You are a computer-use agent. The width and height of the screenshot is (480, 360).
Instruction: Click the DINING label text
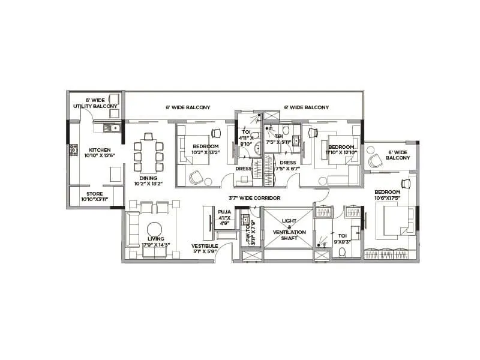[x=148, y=178]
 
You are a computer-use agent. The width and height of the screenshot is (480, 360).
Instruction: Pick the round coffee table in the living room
[x=155, y=230]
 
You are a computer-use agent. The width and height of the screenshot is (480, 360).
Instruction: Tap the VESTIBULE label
[x=204, y=246]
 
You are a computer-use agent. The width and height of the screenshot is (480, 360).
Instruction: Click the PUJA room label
[x=224, y=212]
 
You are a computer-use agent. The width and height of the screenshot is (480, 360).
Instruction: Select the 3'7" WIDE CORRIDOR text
[x=254, y=197]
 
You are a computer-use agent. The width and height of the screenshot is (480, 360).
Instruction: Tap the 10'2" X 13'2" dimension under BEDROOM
[x=206, y=152]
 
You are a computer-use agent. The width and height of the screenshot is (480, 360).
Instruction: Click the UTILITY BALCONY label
[x=95, y=106]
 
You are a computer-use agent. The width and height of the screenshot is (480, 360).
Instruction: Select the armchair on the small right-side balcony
[x=375, y=161]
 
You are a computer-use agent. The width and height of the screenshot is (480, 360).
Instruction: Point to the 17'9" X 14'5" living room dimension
[x=156, y=245]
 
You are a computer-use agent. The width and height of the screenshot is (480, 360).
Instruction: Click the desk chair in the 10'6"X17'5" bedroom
[x=406, y=183]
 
